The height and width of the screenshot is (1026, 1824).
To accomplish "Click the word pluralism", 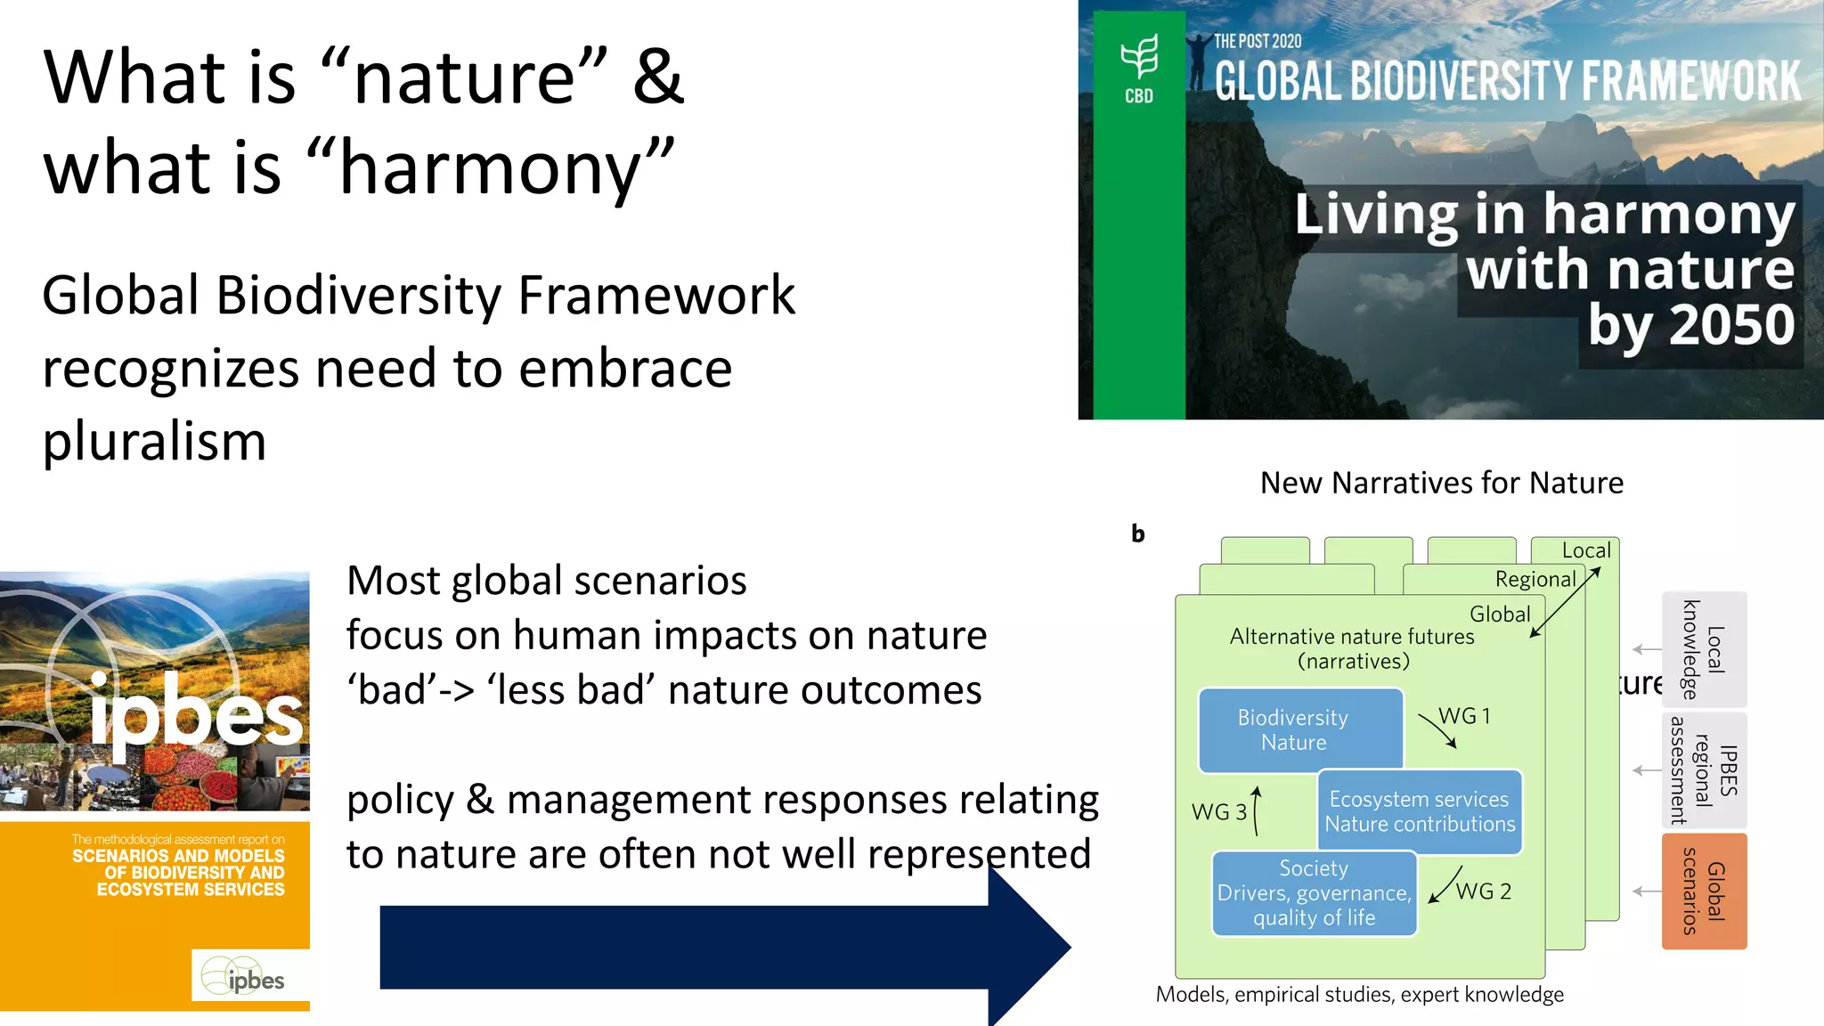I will tap(154, 442).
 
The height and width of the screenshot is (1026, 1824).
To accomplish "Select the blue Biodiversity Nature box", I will tap(1299, 730).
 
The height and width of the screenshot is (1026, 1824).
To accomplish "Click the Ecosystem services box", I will tap(1420, 811).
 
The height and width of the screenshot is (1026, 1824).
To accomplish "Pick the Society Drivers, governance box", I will tap(1314, 893).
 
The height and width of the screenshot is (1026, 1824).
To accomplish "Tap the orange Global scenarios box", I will tap(1704, 891).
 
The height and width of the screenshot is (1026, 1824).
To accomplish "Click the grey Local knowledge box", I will tap(1704, 649).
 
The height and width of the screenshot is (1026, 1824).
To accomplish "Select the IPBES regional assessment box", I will tap(1704, 770).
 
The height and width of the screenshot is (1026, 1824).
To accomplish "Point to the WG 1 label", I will tap(1464, 716).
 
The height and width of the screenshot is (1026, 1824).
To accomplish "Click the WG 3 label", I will tap(1218, 812).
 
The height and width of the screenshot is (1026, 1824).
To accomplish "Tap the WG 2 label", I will tap(1483, 892).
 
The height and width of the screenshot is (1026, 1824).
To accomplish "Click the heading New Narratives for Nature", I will tap(1441, 483).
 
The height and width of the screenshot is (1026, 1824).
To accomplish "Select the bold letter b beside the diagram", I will tap(1137, 533).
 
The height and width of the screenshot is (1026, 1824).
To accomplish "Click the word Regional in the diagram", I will tap(1535, 580).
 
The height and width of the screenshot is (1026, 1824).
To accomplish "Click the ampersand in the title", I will tap(657, 77).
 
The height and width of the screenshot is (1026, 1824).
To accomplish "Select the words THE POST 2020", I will tap(1257, 41).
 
